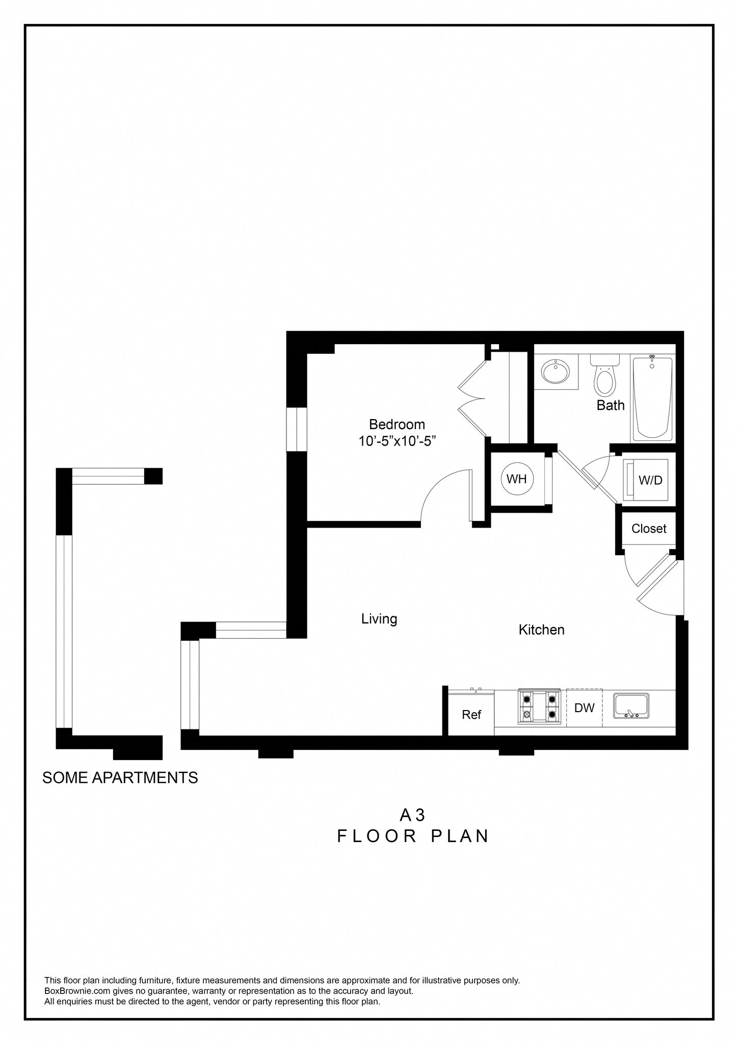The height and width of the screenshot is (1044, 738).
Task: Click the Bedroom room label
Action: click(397, 424)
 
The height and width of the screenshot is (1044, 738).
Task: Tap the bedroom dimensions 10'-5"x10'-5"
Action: click(397, 441)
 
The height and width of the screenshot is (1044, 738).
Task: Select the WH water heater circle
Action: click(516, 479)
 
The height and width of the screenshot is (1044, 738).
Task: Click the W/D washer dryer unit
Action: click(646, 480)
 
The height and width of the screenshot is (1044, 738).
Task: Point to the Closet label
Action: click(648, 529)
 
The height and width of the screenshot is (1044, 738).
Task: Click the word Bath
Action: click(610, 405)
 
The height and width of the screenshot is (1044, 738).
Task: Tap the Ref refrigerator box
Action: click(471, 714)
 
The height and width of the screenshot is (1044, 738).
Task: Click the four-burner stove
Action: click(539, 707)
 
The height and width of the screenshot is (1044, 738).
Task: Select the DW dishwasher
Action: click(584, 708)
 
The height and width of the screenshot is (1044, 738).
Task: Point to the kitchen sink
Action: click(631, 706)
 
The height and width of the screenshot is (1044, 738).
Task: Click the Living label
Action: click(379, 619)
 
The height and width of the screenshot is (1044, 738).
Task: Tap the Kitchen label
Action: click(541, 630)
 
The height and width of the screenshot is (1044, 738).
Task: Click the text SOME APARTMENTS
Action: click(120, 778)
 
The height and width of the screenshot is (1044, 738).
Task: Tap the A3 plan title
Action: click(412, 816)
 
